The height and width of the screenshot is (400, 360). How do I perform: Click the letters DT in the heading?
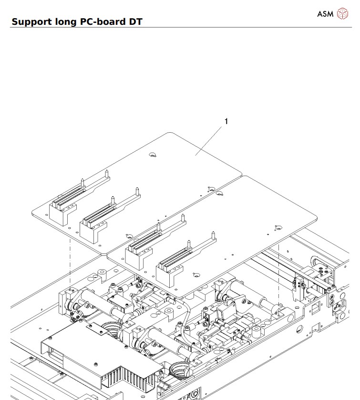pos(135,21)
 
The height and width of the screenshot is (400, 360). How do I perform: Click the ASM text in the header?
pos(325,13)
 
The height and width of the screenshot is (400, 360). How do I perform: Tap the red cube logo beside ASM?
pos(342,13)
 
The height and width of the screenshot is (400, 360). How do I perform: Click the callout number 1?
pos(226,121)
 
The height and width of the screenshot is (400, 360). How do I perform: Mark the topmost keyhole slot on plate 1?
pos(152,155)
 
